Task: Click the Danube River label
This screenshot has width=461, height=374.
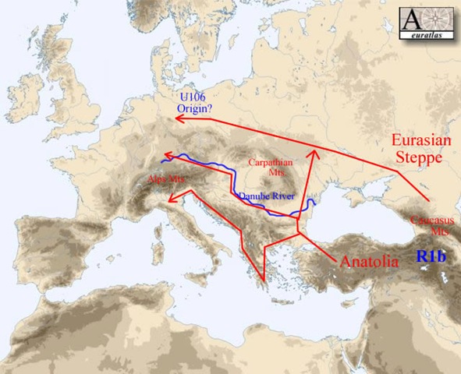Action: tap(266, 197)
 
